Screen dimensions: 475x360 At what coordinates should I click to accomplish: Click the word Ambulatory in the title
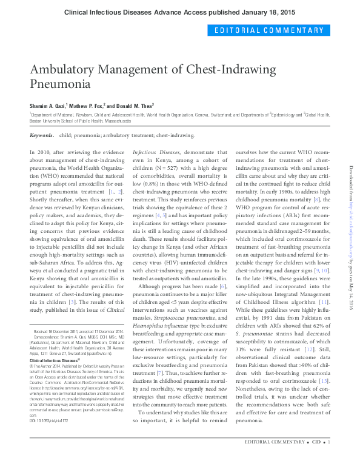point(61,69)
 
